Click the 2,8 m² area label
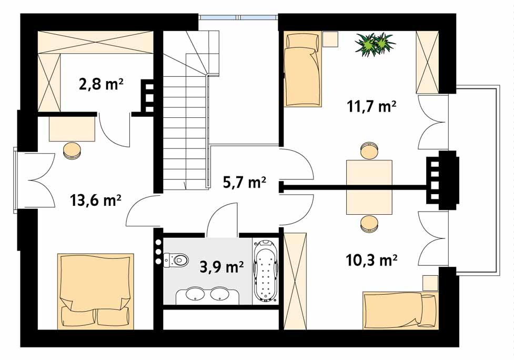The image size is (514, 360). pos(101,84)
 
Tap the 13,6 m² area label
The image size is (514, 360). pos(95,200)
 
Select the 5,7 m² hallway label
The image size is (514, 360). pos(244,182)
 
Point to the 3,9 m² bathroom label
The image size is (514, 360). pos(221,267)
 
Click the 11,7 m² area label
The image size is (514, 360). pos(372,106)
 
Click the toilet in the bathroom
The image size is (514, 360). pos(176,260)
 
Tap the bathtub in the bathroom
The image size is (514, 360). pos(266,271)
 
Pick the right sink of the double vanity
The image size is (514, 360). pos(219,294)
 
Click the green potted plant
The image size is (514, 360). pos(375,44)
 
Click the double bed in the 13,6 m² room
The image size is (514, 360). pos(96,291)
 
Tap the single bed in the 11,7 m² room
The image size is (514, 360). pos(303,69)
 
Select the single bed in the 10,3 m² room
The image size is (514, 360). pos(400,310)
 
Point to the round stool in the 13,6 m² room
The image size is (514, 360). pos(72,151)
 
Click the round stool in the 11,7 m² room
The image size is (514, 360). pos(369,151)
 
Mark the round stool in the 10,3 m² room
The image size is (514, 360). pos(369,224)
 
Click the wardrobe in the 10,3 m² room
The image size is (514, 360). pos(295,281)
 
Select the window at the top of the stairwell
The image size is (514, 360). pos(238,17)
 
